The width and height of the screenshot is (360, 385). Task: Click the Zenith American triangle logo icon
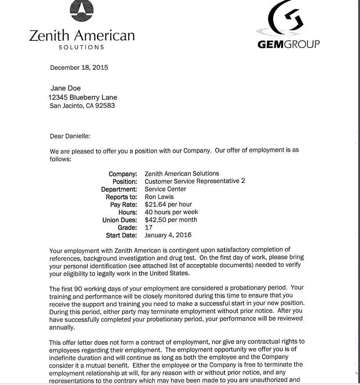click(82, 11)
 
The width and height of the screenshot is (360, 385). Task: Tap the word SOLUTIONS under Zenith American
click(82, 47)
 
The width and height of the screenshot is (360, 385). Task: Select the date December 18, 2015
click(79, 68)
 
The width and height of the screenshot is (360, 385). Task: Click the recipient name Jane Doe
click(65, 88)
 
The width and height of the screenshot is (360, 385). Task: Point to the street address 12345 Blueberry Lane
click(83, 97)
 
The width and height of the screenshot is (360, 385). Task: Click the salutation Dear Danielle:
click(70, 136)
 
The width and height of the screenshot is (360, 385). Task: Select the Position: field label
click(125, 182)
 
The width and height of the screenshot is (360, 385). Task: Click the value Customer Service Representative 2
click(195, 181)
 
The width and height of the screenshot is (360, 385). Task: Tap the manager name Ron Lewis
click(159, 197)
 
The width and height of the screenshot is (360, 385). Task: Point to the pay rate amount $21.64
click(154, 204)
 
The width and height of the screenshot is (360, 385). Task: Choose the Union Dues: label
click(120, 220)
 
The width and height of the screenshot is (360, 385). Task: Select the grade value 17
click(148, 228)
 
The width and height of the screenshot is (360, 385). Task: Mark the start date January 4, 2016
click(168, 235)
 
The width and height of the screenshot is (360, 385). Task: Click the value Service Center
click(165, 189)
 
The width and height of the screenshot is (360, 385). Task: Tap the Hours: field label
click(128, 212)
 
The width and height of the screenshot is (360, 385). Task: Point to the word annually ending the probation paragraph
click(61, 327)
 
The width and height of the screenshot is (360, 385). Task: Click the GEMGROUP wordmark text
click(288, 44)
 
